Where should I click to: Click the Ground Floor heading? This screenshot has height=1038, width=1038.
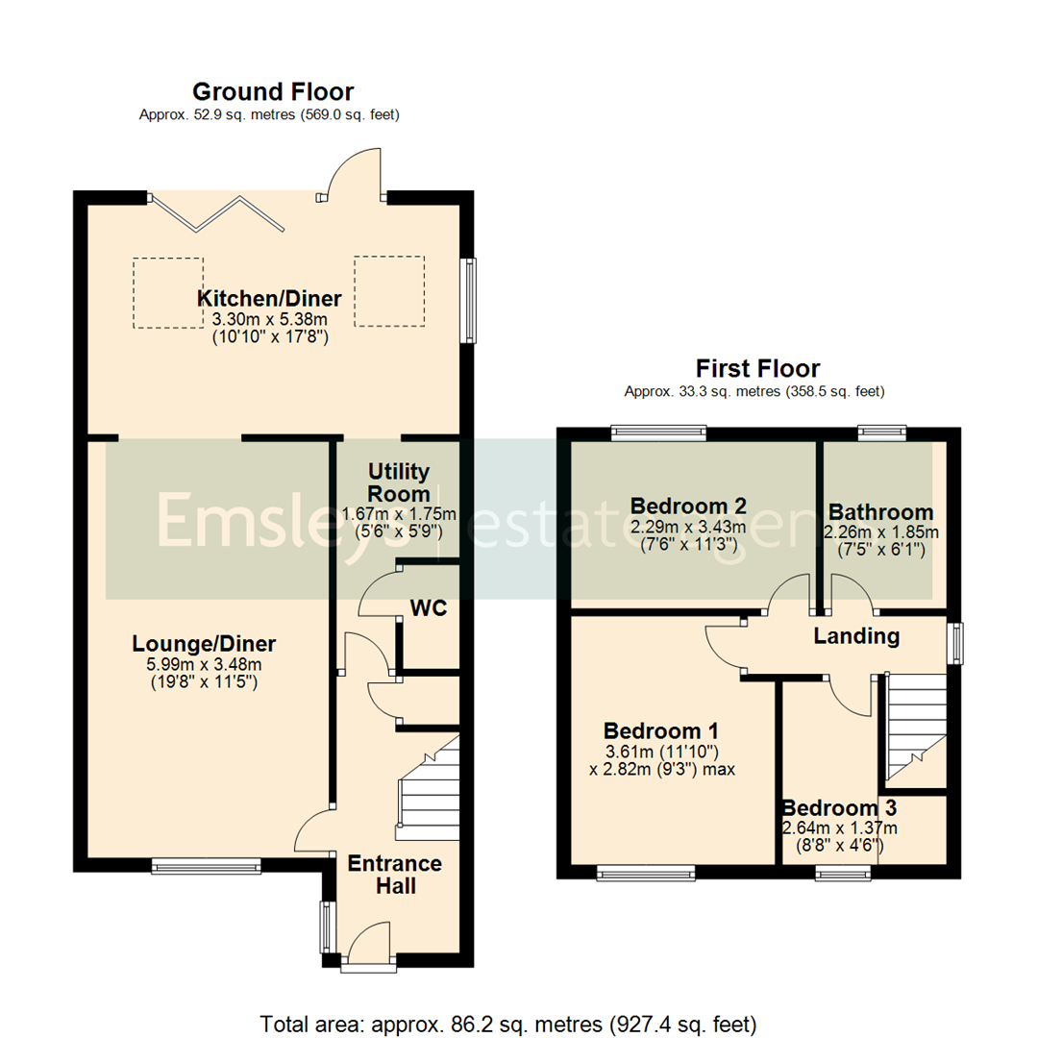(x=273, y=92)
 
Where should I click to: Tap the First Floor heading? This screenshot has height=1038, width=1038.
(x=758, y=369)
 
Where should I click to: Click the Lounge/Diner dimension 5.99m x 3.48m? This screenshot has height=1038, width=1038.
(x=204, y=664)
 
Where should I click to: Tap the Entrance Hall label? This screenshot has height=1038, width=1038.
(x=395, y=874)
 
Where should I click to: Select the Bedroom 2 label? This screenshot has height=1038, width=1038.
(x=688, y=507)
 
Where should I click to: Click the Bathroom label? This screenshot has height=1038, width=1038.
(x=880, y=512)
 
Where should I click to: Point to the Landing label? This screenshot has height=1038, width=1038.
(x=856, y=636)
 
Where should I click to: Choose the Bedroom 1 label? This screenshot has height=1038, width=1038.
(x=661, y=729)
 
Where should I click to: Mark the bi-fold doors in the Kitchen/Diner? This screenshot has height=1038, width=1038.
(x=219, y=212)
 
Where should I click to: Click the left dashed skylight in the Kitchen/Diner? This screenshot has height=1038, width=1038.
(x=168, y=292)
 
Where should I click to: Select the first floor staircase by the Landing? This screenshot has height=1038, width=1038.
(x=913, y=726)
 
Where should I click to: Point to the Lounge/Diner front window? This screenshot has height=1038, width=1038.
(x=206, y=867)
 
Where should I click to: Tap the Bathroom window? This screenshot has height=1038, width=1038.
(x=881, y=433)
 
